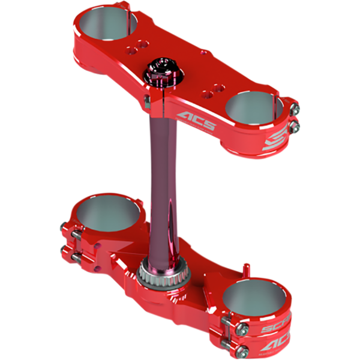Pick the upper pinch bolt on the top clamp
click(x=293, y=109)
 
